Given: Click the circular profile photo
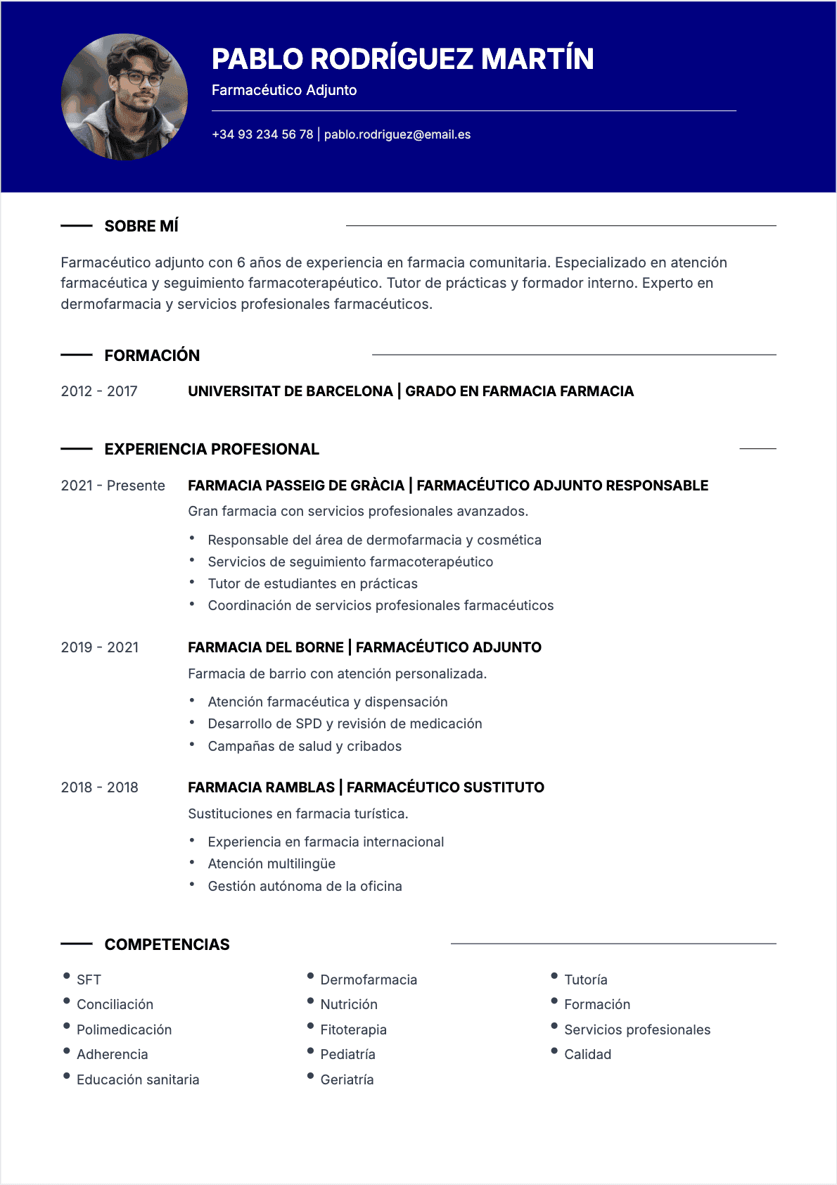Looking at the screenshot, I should coord(124,97).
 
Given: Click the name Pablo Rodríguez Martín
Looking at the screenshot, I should coord(402,59).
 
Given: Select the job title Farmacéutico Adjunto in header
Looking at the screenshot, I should coord(284,90).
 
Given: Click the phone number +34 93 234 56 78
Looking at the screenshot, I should coord(262,134).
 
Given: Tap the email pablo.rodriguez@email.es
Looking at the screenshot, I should coord(397,134).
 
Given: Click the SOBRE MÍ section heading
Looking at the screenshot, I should coord(141,226).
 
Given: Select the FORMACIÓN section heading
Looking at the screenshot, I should coord(152,355).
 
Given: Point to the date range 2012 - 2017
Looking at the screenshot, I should coord(99,391).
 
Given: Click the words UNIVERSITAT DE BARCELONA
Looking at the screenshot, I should coord(290,391).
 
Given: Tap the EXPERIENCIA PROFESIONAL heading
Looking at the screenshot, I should coord(212,449).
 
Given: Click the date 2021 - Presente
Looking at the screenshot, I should coord(113,486).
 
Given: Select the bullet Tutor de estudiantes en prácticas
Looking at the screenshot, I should coord(312,583).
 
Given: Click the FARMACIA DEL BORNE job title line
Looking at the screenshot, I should coord(364,647).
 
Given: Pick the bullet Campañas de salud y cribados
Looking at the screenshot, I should coord(305,746).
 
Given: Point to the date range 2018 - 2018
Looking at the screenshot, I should coord(99,787).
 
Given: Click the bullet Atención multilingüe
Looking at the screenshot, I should coord(271,863).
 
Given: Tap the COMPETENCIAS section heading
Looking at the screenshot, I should coord(167,944).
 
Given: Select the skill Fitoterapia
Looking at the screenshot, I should coord(353,1029).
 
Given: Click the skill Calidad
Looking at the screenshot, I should coord(587,1054).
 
